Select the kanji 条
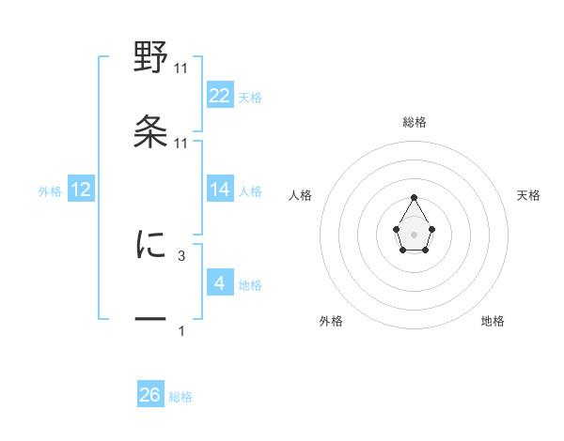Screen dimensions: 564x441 (150, 132)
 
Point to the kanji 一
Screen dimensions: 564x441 (150, 320)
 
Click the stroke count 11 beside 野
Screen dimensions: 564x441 (181, 68)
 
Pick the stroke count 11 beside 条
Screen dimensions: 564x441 (181, 143)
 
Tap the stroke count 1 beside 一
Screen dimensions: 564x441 (181, 330)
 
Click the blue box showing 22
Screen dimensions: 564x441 (220, 96)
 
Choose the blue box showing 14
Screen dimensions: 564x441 (220, 190)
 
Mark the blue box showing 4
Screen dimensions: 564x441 (220, 283)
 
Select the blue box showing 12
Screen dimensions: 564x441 (81, 190)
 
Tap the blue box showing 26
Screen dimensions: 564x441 (150, 395)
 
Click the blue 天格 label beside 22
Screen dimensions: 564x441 (250, 98)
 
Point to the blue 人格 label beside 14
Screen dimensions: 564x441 (250, 191)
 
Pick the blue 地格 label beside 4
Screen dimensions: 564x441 (250, 285)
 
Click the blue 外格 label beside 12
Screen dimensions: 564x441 (50, 191)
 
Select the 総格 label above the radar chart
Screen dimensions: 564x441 (415, 122)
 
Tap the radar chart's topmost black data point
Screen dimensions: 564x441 (415, 197)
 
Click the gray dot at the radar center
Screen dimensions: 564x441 (415, 234)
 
